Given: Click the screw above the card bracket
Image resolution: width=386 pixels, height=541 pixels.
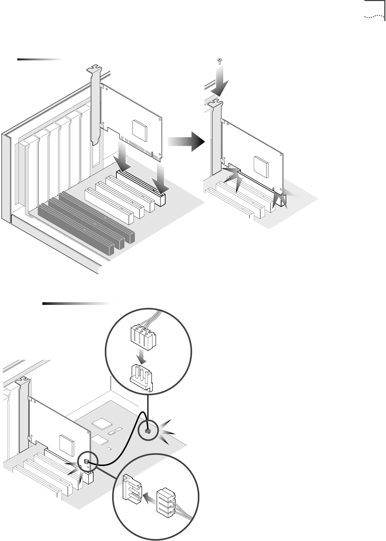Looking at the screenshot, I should pyautogui.click(x=219, y=60).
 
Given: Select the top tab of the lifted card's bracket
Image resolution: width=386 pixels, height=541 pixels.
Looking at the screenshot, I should pyautogui.click(x=94, y=70).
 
